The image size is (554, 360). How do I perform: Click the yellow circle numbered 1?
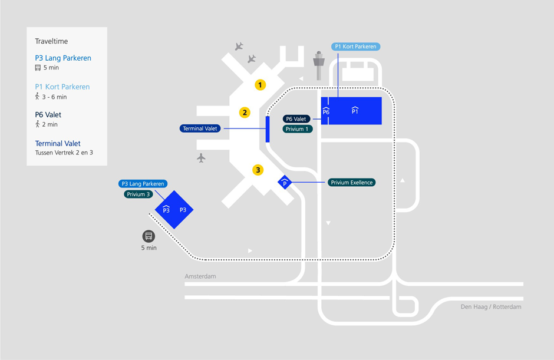point(260,85)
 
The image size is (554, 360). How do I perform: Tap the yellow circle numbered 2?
point(245,113)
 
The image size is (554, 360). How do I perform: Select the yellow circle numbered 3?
point(258,170)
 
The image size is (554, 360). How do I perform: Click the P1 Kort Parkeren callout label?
point(355,47)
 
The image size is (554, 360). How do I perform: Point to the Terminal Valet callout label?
point(200,128)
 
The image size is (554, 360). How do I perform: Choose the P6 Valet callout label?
point(297,119)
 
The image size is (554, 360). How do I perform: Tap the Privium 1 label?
point(298,129)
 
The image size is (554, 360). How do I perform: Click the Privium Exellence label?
point(351,183)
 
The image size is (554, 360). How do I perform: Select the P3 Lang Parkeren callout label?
point(143,184)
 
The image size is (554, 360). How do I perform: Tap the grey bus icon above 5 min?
point(149,236)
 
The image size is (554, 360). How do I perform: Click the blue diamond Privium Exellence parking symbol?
point(285,183)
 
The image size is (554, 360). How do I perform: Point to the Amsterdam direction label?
point(200,276)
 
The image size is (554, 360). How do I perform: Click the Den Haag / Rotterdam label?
point(491,307)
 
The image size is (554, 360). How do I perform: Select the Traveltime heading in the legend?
point(51,41)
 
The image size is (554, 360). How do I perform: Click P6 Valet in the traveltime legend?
point(48,115)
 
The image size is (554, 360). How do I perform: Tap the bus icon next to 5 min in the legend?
point(38,68)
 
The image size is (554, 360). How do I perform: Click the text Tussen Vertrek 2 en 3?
point(64,153)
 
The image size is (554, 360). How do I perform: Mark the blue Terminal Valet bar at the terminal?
point(268,129)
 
